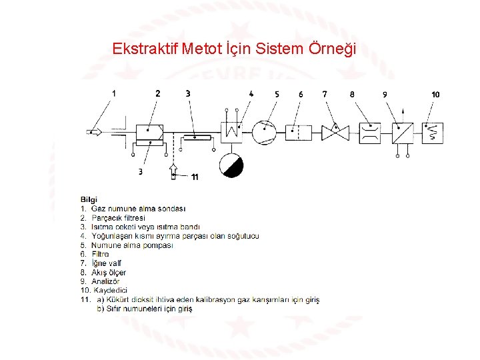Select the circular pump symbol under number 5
(264, 132)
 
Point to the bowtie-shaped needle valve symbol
(335, 132)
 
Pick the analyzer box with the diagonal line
(402, 132)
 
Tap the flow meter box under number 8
(369, 132)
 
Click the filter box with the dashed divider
(299, 132)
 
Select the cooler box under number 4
(231, 131)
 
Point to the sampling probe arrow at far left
(94, 132)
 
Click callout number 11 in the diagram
(194, 177)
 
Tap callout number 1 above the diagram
(114, 94)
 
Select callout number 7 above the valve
(325, 94)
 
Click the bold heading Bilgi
(89, 199)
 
